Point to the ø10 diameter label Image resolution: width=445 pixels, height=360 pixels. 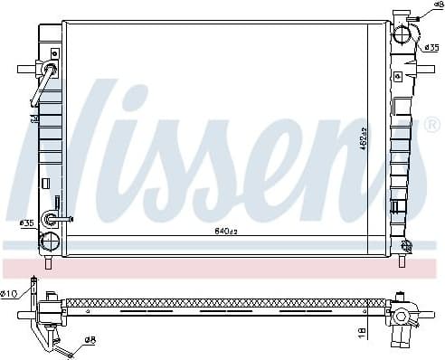[x=10, y=293]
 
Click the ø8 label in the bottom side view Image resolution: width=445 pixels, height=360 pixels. [x=90, y=340]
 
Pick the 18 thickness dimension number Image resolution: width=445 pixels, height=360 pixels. [x=362, y=332]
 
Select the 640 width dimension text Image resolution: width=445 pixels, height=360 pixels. [x=224, y=231]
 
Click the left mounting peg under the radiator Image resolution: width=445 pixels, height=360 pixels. [x=50, y=263]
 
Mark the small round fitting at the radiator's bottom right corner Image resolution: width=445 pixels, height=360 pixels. [x=407, y=246]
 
